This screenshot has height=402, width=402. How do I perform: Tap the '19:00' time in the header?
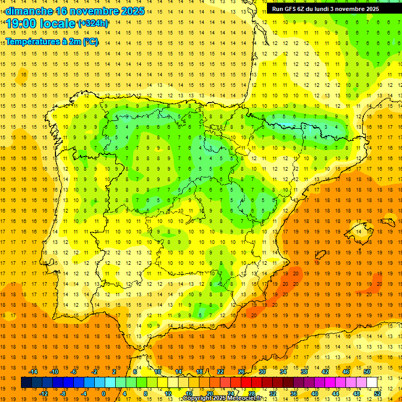[x=21, y=24]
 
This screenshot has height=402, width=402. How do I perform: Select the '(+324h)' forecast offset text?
[x=93, y=24]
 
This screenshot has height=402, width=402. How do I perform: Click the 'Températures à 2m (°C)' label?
[x=52, y=42]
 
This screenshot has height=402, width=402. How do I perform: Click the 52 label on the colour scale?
[x=378, y=393]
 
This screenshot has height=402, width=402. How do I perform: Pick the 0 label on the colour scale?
[x=104, y=393]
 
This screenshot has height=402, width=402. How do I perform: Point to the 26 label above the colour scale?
[x=241, y=372]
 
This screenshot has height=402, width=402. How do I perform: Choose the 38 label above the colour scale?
[x=304, y=372]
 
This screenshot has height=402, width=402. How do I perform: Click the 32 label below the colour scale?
[x=272, y=393]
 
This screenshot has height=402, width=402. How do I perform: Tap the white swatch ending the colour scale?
[x=372, y=383]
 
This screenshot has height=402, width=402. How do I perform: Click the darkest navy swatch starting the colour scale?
[x=27, y=383]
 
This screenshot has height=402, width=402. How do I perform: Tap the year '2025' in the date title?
[x=131, y=11]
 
